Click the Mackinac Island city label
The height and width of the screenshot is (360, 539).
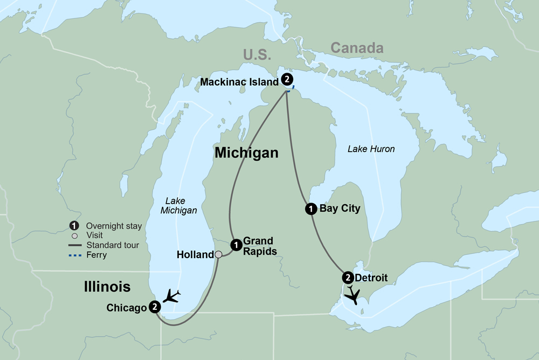coord(239,82)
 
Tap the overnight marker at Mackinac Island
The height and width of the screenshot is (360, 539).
coord(288,79)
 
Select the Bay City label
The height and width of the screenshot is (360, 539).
coord(340,208)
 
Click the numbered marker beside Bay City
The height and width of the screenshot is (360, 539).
coord(310,209)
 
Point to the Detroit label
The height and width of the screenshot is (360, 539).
coord(371,278)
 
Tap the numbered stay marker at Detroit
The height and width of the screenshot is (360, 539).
coord(348,278)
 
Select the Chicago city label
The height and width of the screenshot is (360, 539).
coord(127,308)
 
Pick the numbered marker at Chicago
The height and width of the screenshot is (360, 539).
coord(155,307)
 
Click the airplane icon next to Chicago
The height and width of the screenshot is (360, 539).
coord(172,296)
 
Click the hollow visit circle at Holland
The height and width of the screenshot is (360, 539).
coord(218,254)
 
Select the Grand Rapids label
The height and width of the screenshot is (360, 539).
coord(258,246)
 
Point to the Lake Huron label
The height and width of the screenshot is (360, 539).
coord(371,149)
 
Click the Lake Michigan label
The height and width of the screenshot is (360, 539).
coord(178,206)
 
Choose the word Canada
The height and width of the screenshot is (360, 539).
coord(357,48)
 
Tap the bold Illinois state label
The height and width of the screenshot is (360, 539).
coord(107,287)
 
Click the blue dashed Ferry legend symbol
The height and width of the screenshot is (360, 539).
coord(75,255)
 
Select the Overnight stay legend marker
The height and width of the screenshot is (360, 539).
coord(75,226)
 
